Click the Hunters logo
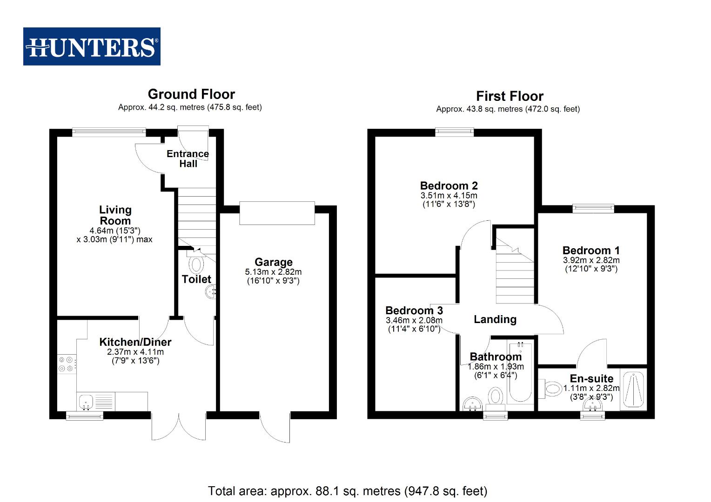(x=92, y=46)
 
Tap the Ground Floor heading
(x=191, y=94)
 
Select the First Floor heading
(x=510, y=96)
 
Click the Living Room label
(x=115, y=215)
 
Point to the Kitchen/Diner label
(x=135, y=342)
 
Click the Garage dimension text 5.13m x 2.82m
(x=273, y=272)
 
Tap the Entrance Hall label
(x=188, y=159)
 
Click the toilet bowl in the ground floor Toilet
(x=196, y=264)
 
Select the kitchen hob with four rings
(x=66, y=363)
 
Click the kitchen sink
(x=86, y=402)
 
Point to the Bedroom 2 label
(x=449, y=186)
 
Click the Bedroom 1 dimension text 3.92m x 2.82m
(x=591, y=260)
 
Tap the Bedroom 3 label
(x=414, y=310)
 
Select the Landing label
(x=495, y=319)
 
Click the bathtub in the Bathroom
(x=520, y=372)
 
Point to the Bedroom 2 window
(x=455, y=132)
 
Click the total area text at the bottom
(x=347, y=491)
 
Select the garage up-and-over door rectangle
(x=277, y=213)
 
